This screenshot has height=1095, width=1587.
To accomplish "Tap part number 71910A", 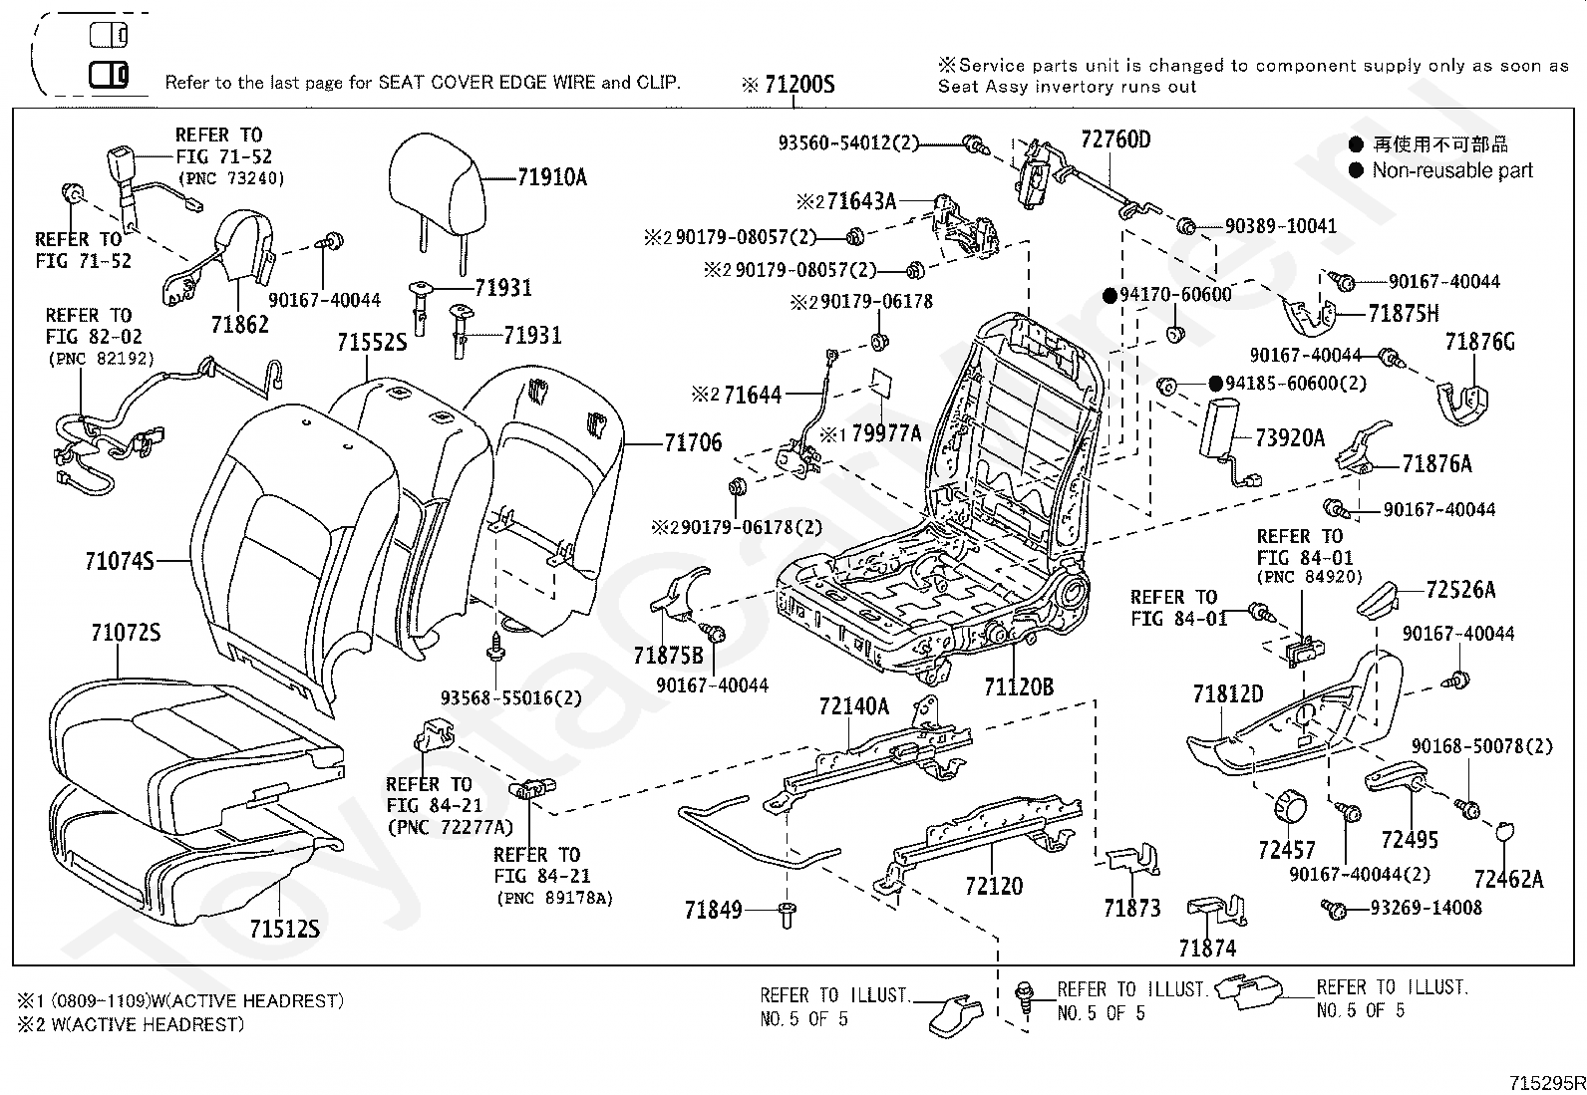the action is [552, 177].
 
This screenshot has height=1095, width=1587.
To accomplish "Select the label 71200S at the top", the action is [799, 85].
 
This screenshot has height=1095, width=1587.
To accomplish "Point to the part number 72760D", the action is [1115, 139].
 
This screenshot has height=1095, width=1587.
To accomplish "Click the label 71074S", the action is [119, 561].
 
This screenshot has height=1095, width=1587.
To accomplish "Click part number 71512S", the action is [284, 929].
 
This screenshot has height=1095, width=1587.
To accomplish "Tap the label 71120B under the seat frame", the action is [1018, 686].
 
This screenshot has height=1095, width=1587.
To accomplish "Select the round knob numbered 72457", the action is [1290, 806].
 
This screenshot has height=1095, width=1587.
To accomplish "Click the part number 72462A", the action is [1508, 879].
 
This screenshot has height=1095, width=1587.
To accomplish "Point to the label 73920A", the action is [1290, 437].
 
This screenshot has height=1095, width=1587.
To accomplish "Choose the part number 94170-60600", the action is [1175, 295].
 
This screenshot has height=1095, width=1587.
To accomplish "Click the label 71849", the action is [713, 910].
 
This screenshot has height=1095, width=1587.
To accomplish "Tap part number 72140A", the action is [853, 706].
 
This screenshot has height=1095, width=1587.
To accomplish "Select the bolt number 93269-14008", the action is [1426, 908].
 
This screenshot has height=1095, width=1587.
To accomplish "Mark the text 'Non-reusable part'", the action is [1452, 170].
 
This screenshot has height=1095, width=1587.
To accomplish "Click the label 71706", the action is [693, 442].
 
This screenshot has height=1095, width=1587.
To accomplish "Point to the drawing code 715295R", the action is [1546, 1083].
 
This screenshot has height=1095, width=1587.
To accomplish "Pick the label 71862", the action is [239, 325].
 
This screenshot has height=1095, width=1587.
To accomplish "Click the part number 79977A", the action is [885, 433].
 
